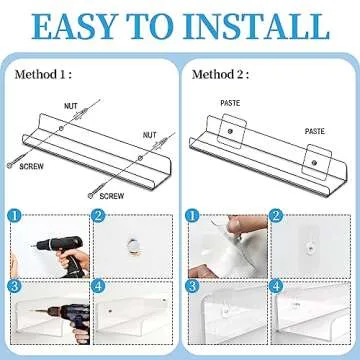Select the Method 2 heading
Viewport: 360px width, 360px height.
(222, 74)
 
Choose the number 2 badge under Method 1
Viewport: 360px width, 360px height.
(99, 214)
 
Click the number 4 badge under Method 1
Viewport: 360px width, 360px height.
(99, 286)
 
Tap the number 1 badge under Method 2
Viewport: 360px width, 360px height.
(192, 214)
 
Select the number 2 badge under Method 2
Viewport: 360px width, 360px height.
(275, 214)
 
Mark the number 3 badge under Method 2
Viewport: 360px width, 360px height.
(192, 286)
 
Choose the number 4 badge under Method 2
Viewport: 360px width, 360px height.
(275, 286)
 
